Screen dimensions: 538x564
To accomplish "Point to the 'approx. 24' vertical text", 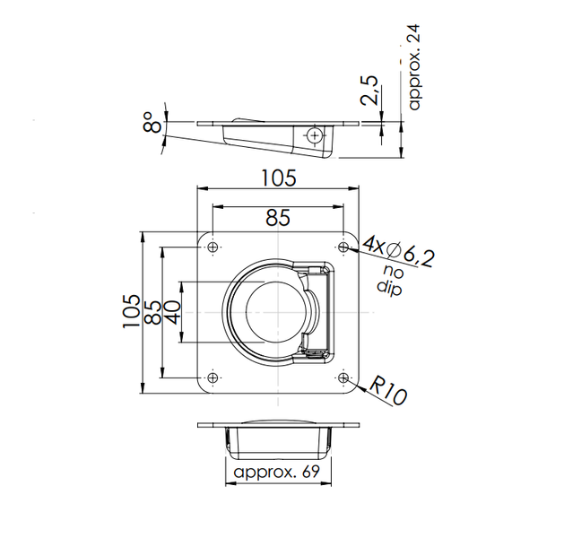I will point(413,67).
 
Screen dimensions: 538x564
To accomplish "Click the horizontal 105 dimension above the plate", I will point(278,178).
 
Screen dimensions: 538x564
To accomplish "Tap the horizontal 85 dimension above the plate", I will point(278,216).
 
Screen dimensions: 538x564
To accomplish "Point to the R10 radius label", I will point(388,392).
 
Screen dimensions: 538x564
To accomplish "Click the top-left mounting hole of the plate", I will point(213,247).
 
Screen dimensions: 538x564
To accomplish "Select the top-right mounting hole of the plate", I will point(344,247).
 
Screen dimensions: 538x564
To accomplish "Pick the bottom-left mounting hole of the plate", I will point(213,377).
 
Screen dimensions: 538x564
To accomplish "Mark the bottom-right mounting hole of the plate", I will point(344,377).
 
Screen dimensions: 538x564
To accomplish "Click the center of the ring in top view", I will point(269,312).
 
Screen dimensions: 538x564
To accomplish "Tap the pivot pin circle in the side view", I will point(314,135).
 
